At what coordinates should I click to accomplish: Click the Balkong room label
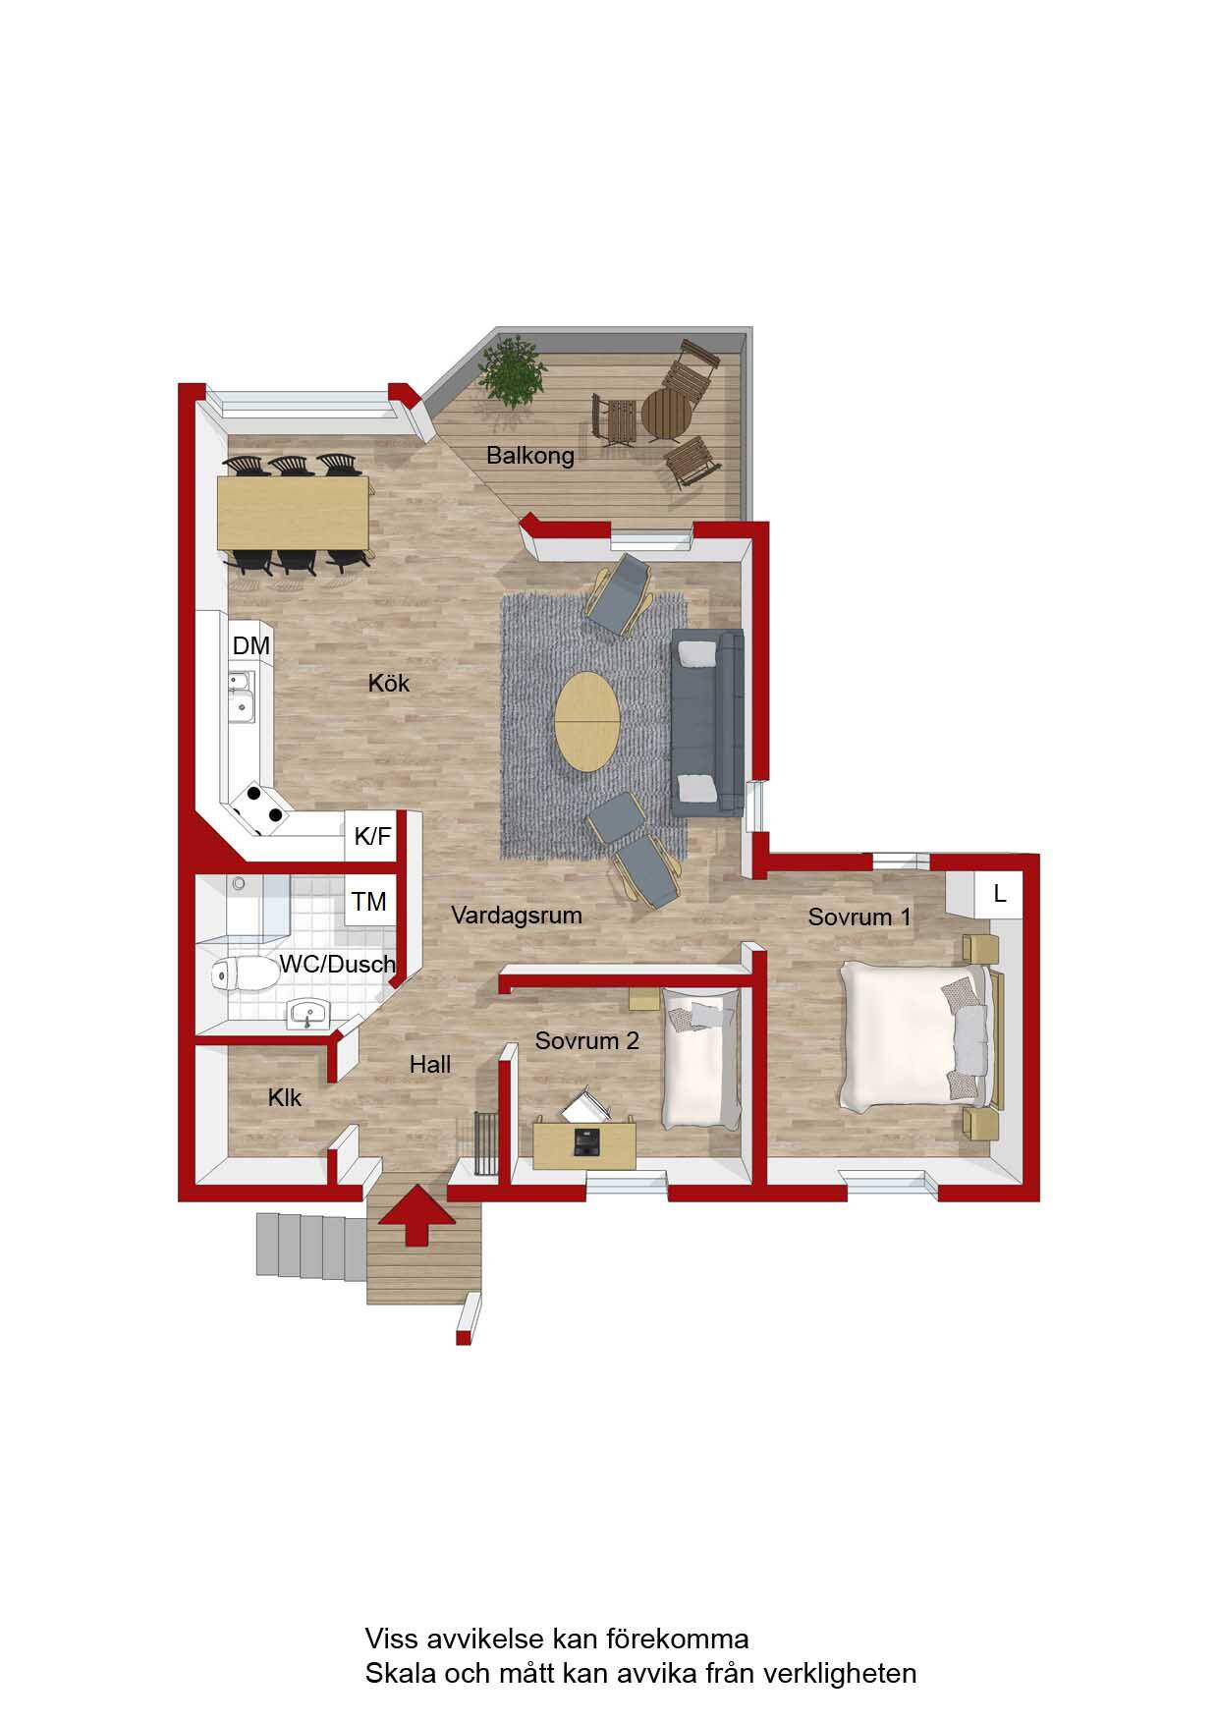(529, 456)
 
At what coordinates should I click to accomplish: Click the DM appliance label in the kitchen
(250, 645)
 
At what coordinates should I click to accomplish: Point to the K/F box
(372, 837)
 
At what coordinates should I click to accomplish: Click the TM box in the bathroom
(369, 901)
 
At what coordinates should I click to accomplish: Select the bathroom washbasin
(311, 1016)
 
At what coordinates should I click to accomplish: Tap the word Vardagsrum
(517, 916)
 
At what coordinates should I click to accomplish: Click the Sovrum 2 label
(587, 1040)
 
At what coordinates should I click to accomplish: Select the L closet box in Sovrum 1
(1000, 894)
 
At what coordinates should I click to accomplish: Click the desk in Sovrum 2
(584, 1144)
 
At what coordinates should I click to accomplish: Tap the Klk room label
(285, 1097)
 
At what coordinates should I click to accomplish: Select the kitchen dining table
(294, 513)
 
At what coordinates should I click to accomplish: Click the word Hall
(430, 1064)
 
